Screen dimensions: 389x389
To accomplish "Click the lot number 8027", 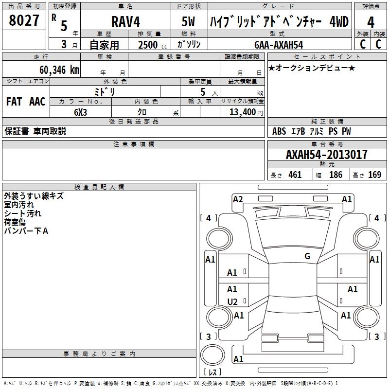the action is coord(24,20).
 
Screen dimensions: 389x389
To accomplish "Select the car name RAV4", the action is coord(125,21).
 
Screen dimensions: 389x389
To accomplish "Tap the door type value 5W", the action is coord(188,21).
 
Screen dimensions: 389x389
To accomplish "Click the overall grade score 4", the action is coord(371,22).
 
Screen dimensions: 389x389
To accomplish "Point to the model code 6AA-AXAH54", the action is coord(279,45).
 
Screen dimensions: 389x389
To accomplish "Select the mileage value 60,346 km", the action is coord(59,70).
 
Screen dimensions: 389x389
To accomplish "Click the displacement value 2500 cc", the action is coord(153,45).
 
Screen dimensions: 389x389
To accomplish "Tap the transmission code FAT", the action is coord(14,102).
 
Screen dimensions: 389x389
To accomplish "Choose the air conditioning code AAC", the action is coord(37,102).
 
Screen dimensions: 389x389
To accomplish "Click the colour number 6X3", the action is coord(80,112).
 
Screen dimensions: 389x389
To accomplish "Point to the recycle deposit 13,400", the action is coord(243,112).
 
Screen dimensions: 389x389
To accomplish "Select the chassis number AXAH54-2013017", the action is coord(326,155).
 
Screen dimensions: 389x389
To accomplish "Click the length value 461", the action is coord(295,175).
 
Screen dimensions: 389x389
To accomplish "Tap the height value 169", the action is coord(374,175).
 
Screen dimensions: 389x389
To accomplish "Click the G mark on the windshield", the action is coord(307,256).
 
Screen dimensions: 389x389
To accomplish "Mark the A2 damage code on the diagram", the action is coord(238,199).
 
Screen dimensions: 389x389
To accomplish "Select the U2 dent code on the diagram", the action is coord(232,302).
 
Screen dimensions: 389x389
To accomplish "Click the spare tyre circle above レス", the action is coord(212,355).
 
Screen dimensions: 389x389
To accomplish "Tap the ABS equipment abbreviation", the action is coord(279,131).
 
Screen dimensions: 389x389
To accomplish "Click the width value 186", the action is coord(336,175).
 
